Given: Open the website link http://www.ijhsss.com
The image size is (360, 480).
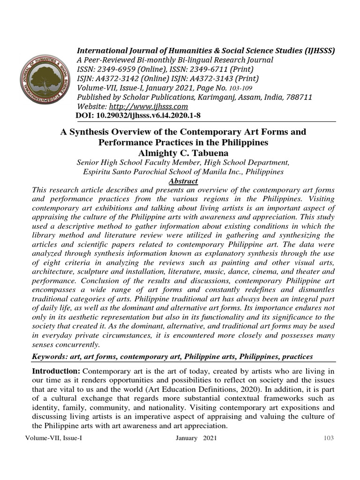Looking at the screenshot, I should pyautogui.click(x=149, y=106).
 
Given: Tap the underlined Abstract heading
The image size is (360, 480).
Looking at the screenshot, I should pyautogui.click(x=183, y=181).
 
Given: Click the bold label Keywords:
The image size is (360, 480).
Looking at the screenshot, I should pyautogui.click(x=50, y=357).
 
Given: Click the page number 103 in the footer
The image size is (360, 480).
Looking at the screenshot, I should pyautogui.click(x=329, y=438).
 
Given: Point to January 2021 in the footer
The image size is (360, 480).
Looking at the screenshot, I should pyautogui.click(x=196, y=438).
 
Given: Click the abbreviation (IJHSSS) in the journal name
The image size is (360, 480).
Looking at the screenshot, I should pyautogui.click(x=317, y=51).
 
